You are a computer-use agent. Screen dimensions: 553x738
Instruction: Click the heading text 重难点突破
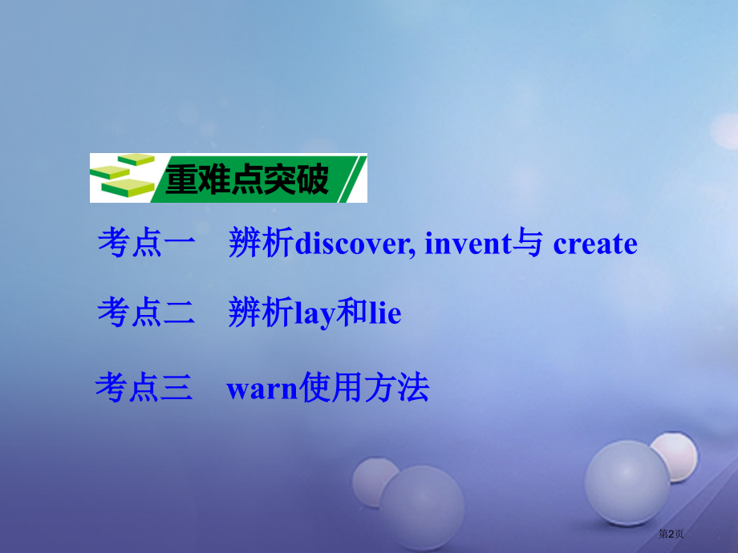coord(247,180)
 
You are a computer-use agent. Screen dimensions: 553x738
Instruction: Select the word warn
coord(262,390)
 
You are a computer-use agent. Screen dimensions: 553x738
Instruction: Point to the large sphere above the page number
coord(626,483)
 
